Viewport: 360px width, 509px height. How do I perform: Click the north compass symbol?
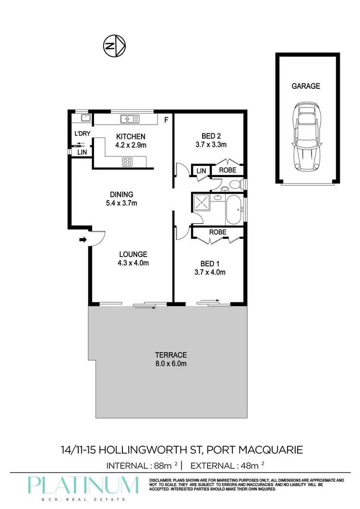coord(114,46)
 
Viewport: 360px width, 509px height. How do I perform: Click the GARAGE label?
coord(305,86)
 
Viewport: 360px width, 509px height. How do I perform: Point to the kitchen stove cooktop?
coord(128,162)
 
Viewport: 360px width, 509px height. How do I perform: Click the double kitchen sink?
coord(129,118)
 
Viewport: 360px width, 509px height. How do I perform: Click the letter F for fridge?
coord(167,120)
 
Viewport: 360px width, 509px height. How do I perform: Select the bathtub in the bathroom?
coord(234,210)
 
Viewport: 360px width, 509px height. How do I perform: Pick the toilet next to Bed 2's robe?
coord(234,184)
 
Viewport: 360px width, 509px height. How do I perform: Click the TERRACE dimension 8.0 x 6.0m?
coord(170,364)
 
